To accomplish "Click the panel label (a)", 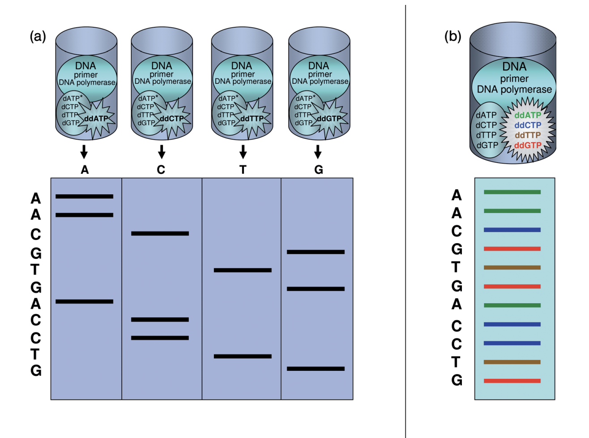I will point(38,36).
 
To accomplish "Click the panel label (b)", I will point(452,36).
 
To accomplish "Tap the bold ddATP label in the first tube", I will point(96,119).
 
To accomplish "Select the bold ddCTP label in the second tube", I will point(172,119).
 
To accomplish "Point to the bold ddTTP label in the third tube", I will point(252,119).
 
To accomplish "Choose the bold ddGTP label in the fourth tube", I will point(329,119).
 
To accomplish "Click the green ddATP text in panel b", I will point(528,115).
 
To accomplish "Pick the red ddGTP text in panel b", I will point(528,145).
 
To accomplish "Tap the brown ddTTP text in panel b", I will point(528,135).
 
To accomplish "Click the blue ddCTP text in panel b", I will point(528,125).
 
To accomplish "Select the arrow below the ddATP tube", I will point(84,152).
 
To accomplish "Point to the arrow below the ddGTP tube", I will point(318,152).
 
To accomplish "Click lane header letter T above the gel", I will point(243,170).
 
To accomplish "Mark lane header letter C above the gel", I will point(161,170).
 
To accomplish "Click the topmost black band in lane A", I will point(84,196).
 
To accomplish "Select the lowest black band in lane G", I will point(316,369).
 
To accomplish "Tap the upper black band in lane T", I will point(243,270).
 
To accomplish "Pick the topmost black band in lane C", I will point(160,233).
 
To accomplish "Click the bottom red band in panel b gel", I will point(512,381).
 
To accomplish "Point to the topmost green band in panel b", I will point(512,192).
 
